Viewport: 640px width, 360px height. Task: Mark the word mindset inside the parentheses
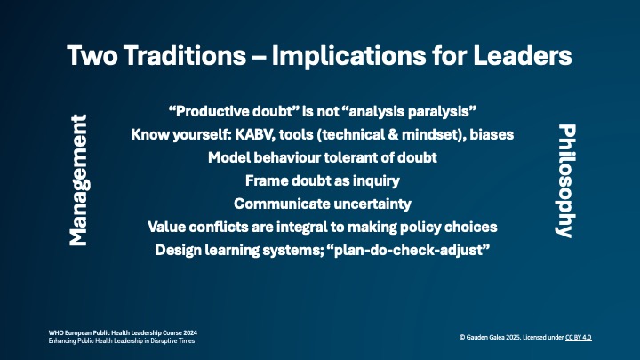click(x=417, y=134)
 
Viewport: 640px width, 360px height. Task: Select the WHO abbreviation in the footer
click(x=56, y=332)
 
